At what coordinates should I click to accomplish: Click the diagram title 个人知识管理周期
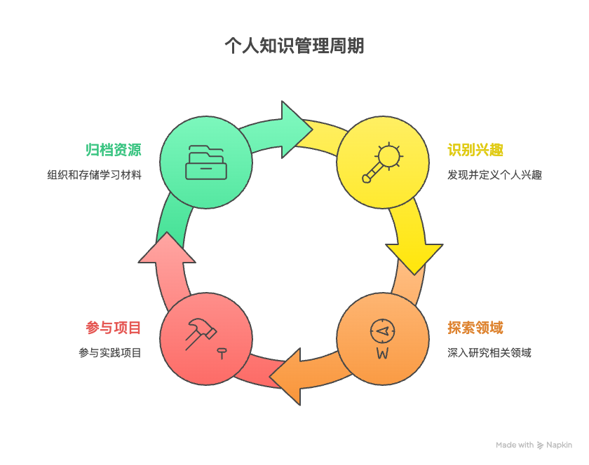(294, 46)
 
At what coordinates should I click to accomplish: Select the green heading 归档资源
(114, 150)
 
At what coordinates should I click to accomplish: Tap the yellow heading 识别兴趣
(475, 150)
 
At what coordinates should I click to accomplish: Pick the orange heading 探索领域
(475, 328)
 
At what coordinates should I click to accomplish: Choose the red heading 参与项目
(114, 328)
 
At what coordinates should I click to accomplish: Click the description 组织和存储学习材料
(94, 175)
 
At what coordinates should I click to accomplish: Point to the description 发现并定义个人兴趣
(494, 175)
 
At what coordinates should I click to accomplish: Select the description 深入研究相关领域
(489, 353)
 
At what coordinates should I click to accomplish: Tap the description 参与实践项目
(110, 353)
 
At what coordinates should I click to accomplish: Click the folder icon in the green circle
(206, 162)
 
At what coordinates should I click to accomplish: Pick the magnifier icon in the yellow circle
(383, 162)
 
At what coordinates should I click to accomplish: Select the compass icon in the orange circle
(382, 331)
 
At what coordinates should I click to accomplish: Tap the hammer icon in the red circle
(201, 334)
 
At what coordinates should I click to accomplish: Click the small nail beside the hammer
(222, 354)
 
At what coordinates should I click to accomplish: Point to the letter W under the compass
(382, 354)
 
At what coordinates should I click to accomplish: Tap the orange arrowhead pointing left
(286, 377)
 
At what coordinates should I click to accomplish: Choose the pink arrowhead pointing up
(167, 248)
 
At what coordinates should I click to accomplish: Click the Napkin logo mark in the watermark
(540, 445)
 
